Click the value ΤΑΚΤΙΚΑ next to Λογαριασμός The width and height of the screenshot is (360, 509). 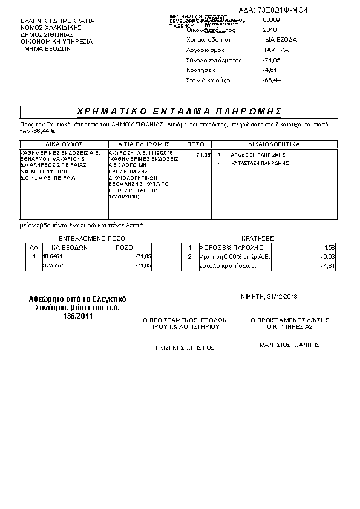(276, 50)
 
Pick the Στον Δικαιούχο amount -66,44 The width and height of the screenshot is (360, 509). (272, 80)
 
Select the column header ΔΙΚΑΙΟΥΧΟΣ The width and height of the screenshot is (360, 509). (64, 145)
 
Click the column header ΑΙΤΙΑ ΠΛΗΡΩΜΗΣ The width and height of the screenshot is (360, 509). (143, 145)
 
